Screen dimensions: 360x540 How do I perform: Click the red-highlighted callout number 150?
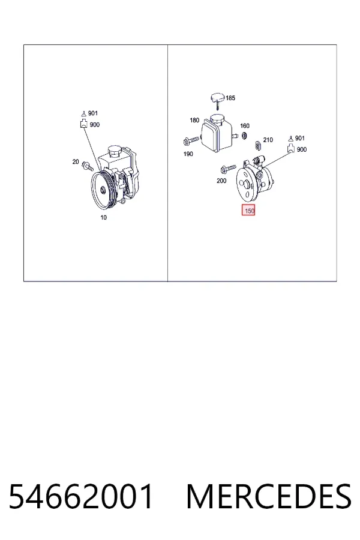pos(248,211)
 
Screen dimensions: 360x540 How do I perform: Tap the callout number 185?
pos(230,98)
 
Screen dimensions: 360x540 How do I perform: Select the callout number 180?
pos(194,120)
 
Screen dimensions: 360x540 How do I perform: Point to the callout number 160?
pos(245,126)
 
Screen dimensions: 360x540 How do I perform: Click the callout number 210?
pos(268,140)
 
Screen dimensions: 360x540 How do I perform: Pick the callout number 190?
pos(188,154)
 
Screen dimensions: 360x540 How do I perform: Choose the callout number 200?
pos(221,181)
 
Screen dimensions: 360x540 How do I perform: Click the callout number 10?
pos(103,217)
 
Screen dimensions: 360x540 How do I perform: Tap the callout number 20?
pos(76,161)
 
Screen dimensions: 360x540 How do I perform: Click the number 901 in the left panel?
pos(93,113)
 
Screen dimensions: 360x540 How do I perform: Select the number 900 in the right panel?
pos(301,149)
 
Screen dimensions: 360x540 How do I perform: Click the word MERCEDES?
pos(269,496)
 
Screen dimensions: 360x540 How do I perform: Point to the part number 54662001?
pos(80,496)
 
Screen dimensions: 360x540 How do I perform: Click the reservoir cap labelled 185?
pos(217,99)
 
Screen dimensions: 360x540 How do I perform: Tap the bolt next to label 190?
pos(191,140)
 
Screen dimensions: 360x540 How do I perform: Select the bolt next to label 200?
pos(229,169)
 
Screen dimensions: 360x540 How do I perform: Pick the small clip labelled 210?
pos(258,145)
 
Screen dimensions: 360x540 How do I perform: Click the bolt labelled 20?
pos(88,167)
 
